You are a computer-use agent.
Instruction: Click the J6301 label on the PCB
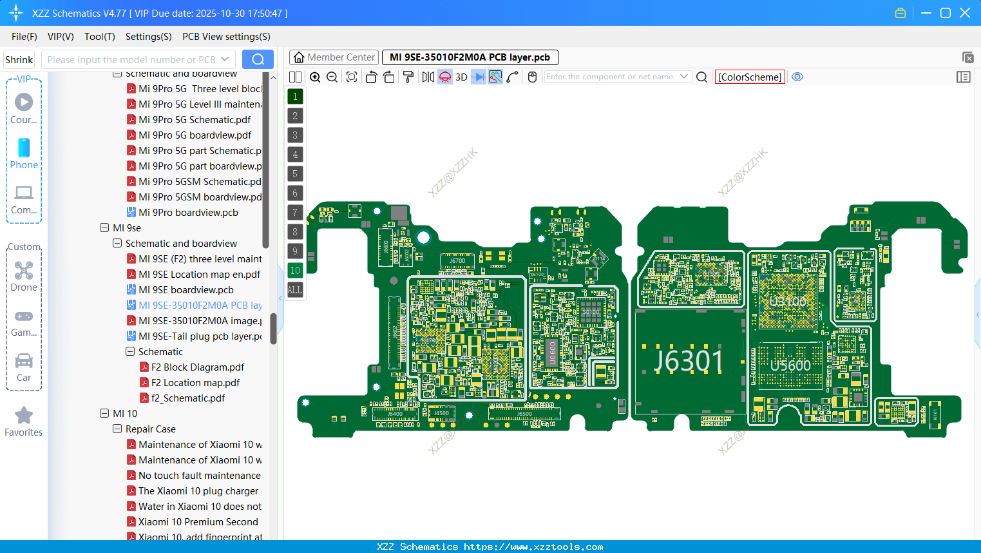(x=688, y=360)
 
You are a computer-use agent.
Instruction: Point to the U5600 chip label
(x=790, y=365)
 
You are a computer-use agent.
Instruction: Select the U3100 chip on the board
(x=788, y=302)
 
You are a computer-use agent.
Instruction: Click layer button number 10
(x=295, y=271)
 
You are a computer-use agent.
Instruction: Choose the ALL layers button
(x=295, y=290)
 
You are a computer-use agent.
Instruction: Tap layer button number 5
(x=295, y=174)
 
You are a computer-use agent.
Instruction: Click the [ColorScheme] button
(x=750, y=77)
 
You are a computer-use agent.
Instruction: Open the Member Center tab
(x=334, y=57)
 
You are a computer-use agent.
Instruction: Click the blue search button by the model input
(x=258, y=59)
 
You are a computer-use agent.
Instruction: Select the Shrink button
(x=19, y=59)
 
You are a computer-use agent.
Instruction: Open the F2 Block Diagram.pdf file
(x=198, y=367)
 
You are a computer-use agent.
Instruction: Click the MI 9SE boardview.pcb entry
(x=186, y=290)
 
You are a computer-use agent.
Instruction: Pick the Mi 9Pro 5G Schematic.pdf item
(x=195, y=120)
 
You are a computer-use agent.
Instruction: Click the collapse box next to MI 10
(x=104, y=414)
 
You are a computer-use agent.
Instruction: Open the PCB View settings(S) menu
(x=226, y=37)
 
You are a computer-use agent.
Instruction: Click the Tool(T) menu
(x=99, y=37)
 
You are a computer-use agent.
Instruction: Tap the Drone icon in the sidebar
(x=24, y=271)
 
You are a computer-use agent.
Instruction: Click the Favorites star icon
(x=24, y=416)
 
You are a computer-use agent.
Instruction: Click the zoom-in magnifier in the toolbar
(x=315, y=77)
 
